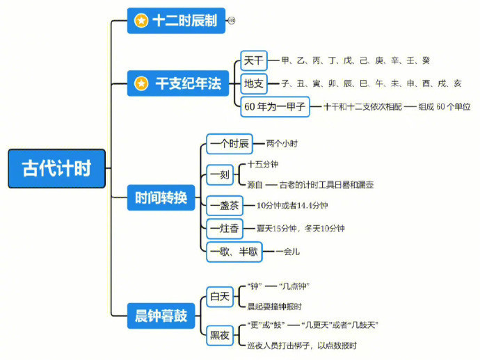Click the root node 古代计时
click(56, 169)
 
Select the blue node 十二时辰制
click(176, 21)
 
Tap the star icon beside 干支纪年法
click(141, 83)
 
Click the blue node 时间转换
click(161, 197)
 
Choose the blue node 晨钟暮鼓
click(161, 316)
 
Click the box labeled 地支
click(253, 83)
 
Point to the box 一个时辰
click(230, 144)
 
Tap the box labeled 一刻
click(219, 174)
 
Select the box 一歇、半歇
click(234, 252)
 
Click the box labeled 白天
click(220, 297)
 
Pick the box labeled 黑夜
click(220, 335)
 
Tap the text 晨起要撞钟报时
click(274, 306)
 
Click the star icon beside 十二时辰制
click(141, 21)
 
